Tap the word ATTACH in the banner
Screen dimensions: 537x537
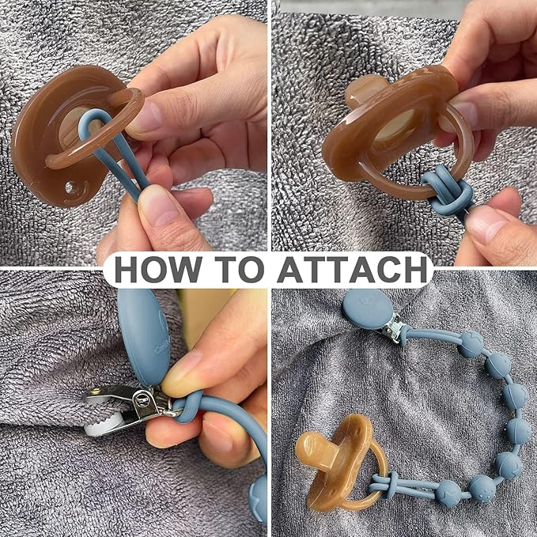[x=352, y=269]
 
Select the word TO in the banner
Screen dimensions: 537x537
[x=240, y=269]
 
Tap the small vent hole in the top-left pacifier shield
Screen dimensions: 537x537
[x=69, y=187]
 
